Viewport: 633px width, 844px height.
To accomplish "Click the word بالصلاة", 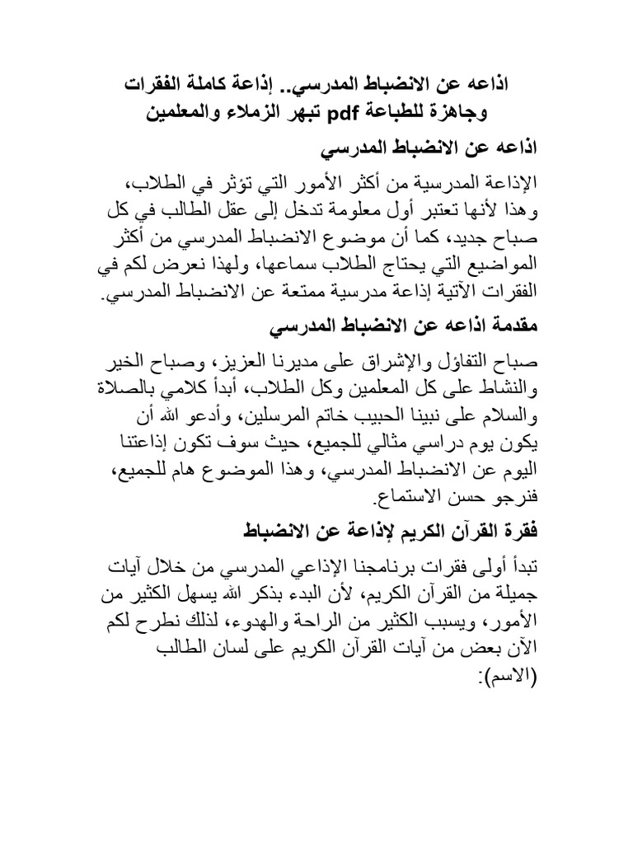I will point(149,392).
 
